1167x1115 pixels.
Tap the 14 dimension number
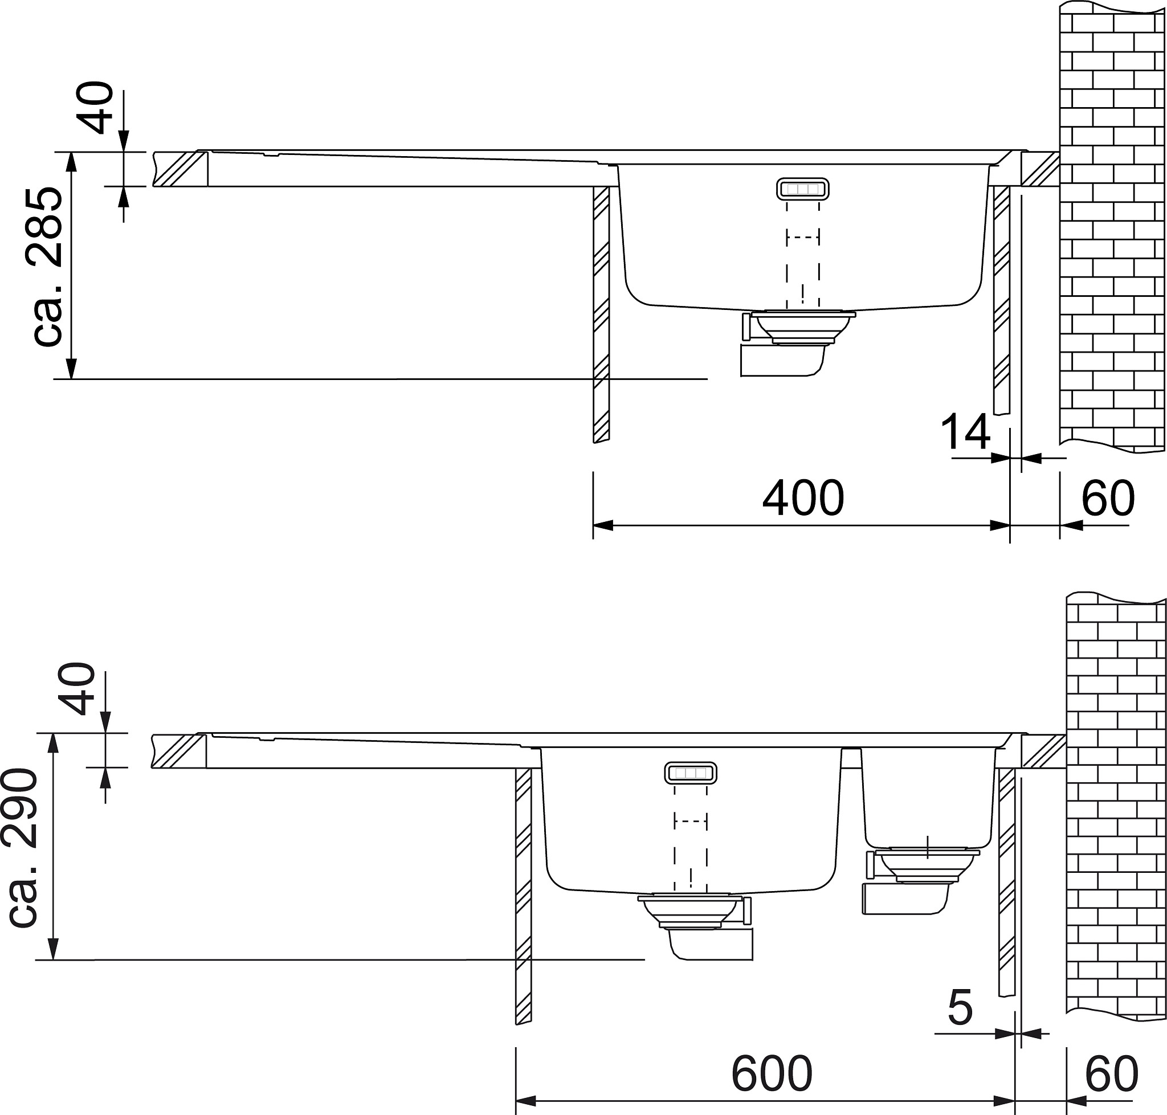click(965, 432)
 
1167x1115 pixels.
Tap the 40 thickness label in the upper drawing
click(97, 108)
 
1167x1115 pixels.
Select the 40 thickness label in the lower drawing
click(79, 689)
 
